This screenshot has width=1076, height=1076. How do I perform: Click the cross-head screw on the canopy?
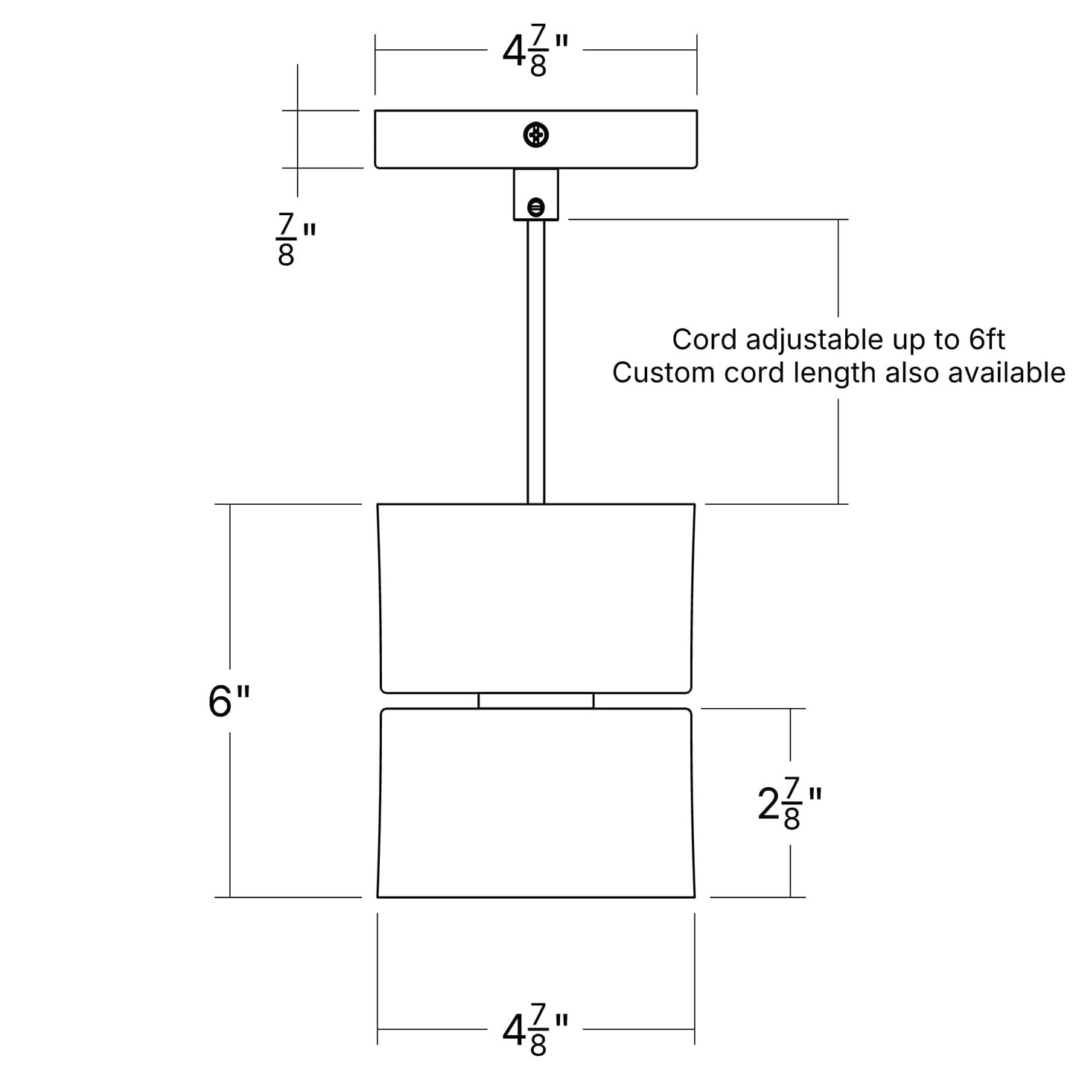[535, 135]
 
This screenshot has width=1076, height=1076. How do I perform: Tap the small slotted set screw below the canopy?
[535, 207]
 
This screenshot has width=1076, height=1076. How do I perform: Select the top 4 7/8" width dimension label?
[535, 50]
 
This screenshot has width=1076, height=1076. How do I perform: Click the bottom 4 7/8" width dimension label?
[535, 1030]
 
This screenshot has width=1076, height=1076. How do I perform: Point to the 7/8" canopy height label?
[296, 239]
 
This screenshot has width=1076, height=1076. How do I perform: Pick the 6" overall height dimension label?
[229, 701]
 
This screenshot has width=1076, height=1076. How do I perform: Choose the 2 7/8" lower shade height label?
[789, 803]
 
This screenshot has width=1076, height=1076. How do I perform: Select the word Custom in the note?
[663, 372]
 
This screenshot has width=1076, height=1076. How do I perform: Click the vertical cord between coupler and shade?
[535, 362]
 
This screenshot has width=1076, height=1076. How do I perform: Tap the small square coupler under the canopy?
[535, 194]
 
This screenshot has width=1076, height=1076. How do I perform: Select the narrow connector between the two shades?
[535, 700]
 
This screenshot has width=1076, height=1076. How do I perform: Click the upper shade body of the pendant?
[535, 598]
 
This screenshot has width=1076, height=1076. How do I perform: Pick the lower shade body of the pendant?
[535, 803]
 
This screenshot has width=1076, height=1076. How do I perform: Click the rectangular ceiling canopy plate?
[535, 139]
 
